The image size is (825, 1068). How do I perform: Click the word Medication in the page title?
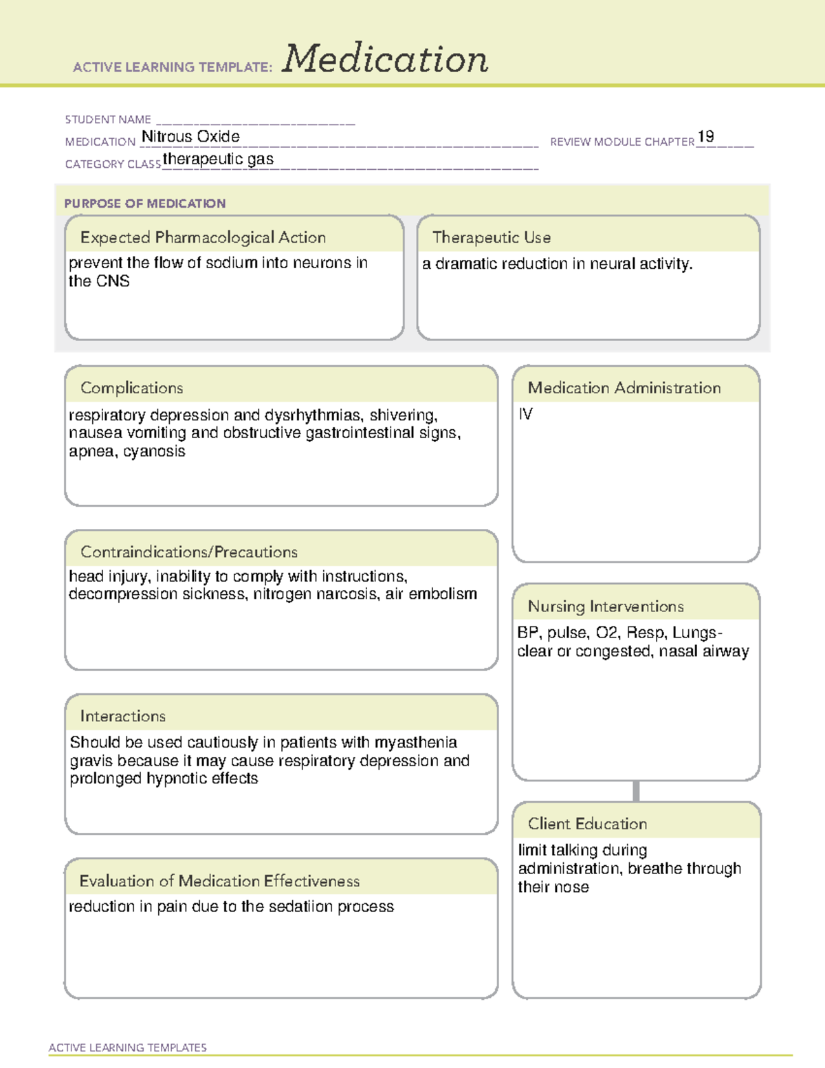pyautogui.click(x=385, y=59)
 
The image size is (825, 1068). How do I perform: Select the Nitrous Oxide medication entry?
pyautogui.click(x=190, y=137)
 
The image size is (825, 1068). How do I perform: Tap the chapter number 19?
pyautogui.click(x=705, y=137)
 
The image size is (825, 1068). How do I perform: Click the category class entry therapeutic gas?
pyautogui.click(x=218, y=160)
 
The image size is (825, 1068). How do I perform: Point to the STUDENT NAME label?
pyautogui.click(x=108, y=120)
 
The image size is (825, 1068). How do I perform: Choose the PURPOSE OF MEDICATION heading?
pyautogui.click(x=145, y=204)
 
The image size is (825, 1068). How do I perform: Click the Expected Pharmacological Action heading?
pyautogui.click(x=203, y=238)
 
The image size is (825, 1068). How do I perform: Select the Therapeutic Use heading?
pyautogui.click(x=492, y=238)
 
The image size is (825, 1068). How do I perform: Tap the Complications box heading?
pyautogui.click(x=132, y=388)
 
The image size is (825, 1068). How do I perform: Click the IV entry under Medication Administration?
pyautogui.click(x=525, y=414)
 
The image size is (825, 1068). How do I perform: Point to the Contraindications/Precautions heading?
pyautogui.click(x=189, y=552)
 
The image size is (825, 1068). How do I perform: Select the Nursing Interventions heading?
pyautogui.click(x=606, y=607)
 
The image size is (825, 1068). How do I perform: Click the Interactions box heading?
pyautogui.click(x=123, y=717)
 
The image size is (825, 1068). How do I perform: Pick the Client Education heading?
pyautogui.click(x=587, y=824)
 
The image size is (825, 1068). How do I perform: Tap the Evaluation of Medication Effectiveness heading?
pyautogui.click(x=219, y=882)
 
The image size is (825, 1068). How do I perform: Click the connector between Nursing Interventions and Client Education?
pyautogui.click(x=636, y=791)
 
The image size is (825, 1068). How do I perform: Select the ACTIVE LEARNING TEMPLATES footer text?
pyautogui.click(x=128, y=1047)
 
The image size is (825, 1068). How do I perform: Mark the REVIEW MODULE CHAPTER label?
pyautogui.click(x=622, y=142)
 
